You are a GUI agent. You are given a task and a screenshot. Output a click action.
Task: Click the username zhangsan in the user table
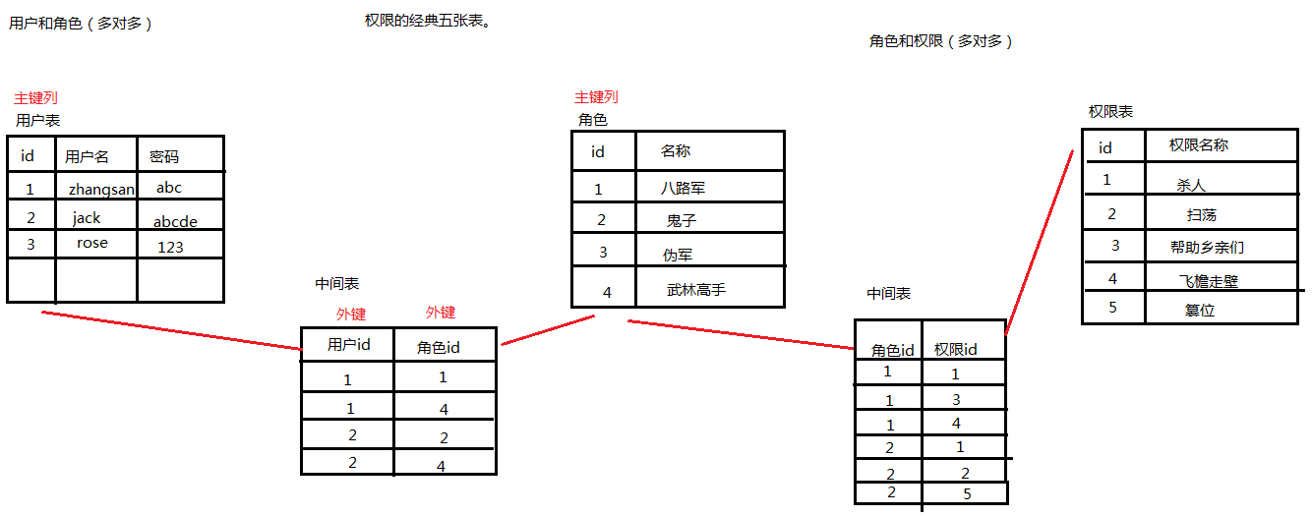click(x=101, y=189)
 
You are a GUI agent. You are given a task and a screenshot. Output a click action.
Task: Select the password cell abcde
click(x=175, y=222)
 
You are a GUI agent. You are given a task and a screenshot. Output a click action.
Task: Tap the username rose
click(x=92, y=243)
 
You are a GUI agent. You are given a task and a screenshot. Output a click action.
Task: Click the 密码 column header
click(x=164, y=156)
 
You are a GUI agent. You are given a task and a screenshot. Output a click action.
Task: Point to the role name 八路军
click(x=683, y=188)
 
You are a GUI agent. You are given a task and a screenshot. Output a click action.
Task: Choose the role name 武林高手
click(x=695, y=290)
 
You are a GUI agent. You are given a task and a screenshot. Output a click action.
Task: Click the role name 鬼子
click(x=681, y=221)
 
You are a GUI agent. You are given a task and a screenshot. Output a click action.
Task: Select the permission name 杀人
click(x=1190, y=185)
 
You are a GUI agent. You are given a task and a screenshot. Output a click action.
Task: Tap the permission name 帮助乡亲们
click(x=1207, y=248)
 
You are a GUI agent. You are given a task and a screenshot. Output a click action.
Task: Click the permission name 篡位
click(x=1200, y=310)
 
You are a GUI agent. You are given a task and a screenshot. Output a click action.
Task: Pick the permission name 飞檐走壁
click(x=1208, y=281)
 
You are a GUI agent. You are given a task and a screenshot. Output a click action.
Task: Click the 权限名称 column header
click(x=1198, y=145)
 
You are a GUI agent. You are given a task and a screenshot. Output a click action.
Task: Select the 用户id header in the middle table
click(x=348, y=344)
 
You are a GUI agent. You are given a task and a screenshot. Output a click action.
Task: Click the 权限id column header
click(x=955, y=349)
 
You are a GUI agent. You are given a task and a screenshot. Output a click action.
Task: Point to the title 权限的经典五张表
click(x=427, y=21)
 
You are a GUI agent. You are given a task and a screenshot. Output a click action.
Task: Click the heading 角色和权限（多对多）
click(x=940, y=41)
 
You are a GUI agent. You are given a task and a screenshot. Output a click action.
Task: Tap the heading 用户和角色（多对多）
click(x=81, y=24)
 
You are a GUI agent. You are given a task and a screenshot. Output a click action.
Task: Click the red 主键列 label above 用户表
click(x=35, y=98)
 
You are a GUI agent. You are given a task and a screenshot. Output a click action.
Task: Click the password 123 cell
click(x=170, y=247)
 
